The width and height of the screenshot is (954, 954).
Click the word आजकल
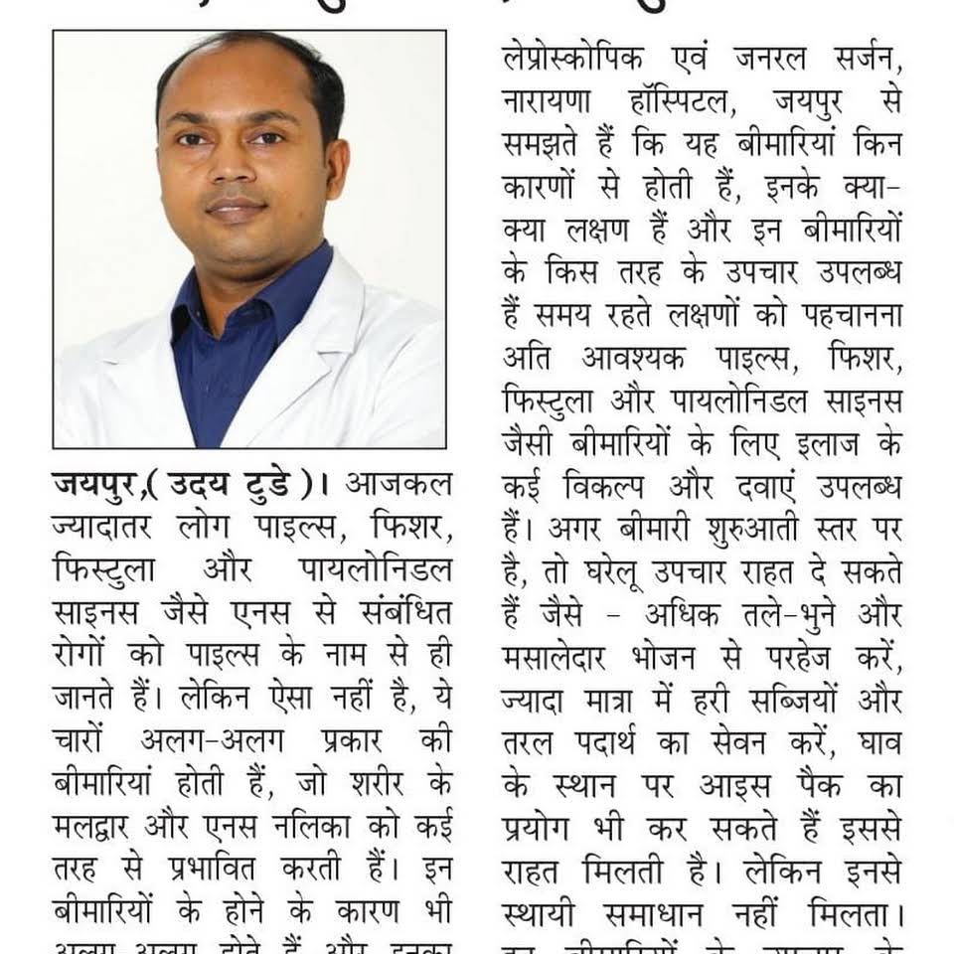(397, 486)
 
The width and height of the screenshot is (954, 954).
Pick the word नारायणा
(556, 104)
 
